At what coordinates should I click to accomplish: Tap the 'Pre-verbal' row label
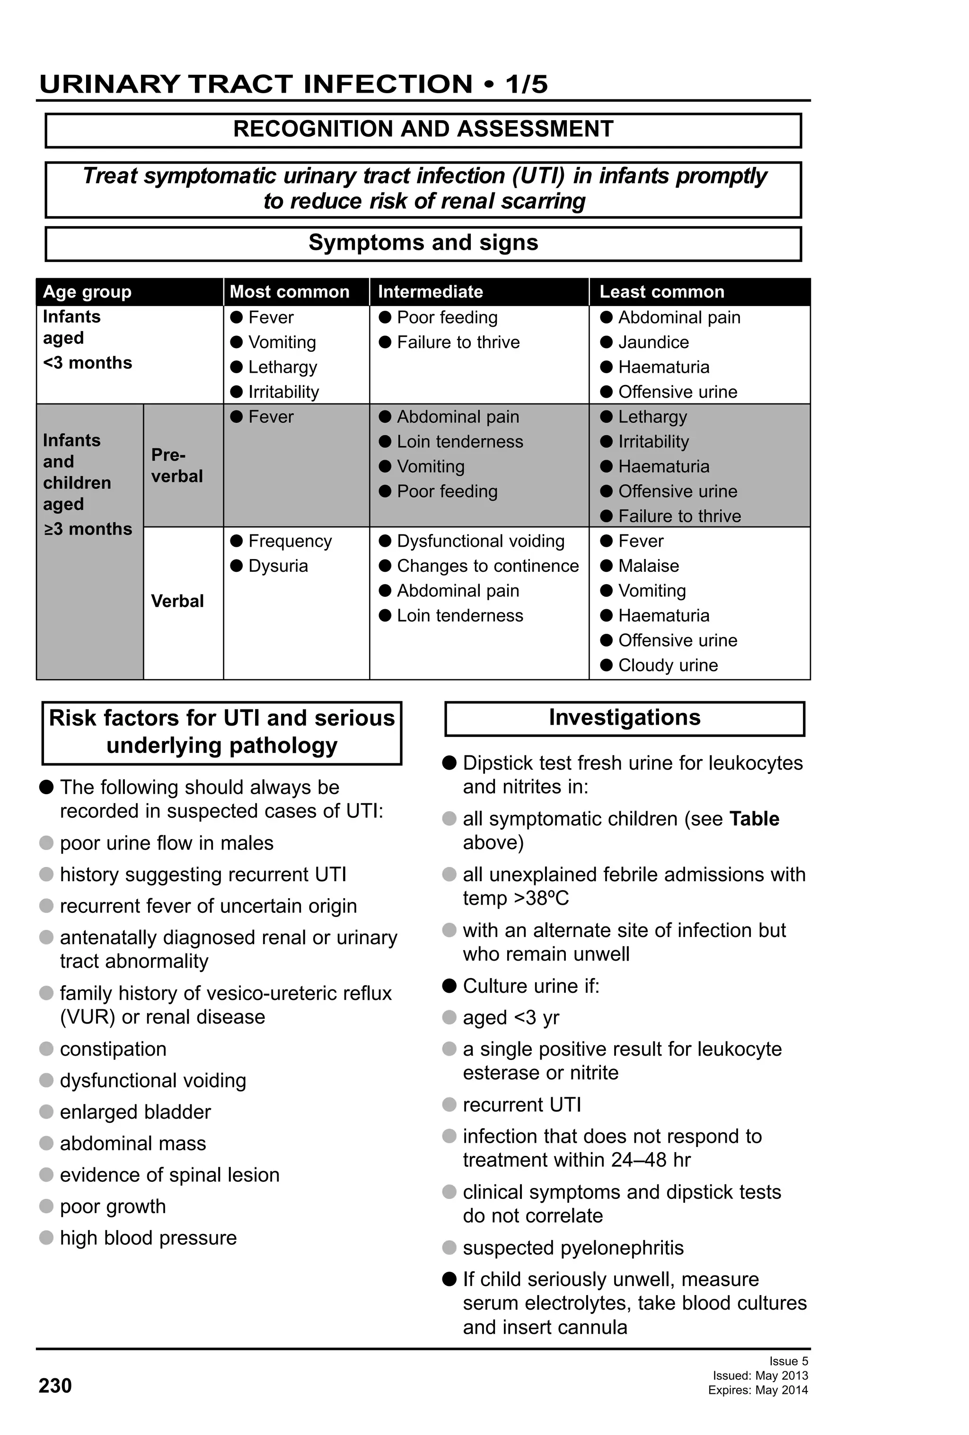tap(176, 465)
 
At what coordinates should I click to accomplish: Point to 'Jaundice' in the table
tap(653, 342)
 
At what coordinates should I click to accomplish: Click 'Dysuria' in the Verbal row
tap(278, 566)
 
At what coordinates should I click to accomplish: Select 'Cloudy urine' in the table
tap(668, 665)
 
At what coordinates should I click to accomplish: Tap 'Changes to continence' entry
tap(487, 566)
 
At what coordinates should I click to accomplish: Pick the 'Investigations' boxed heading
tap(625, 717)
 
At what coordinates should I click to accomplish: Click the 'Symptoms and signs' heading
tap(423, 243)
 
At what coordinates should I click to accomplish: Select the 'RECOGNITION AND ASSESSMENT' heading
tap(423, 129)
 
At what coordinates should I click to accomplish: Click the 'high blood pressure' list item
tap(148, 1237)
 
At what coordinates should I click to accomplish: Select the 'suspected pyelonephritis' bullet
tap(573, 1247)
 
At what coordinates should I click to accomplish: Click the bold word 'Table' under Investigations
tap(754, 818)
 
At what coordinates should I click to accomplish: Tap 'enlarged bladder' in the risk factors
tap(135, 1111)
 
